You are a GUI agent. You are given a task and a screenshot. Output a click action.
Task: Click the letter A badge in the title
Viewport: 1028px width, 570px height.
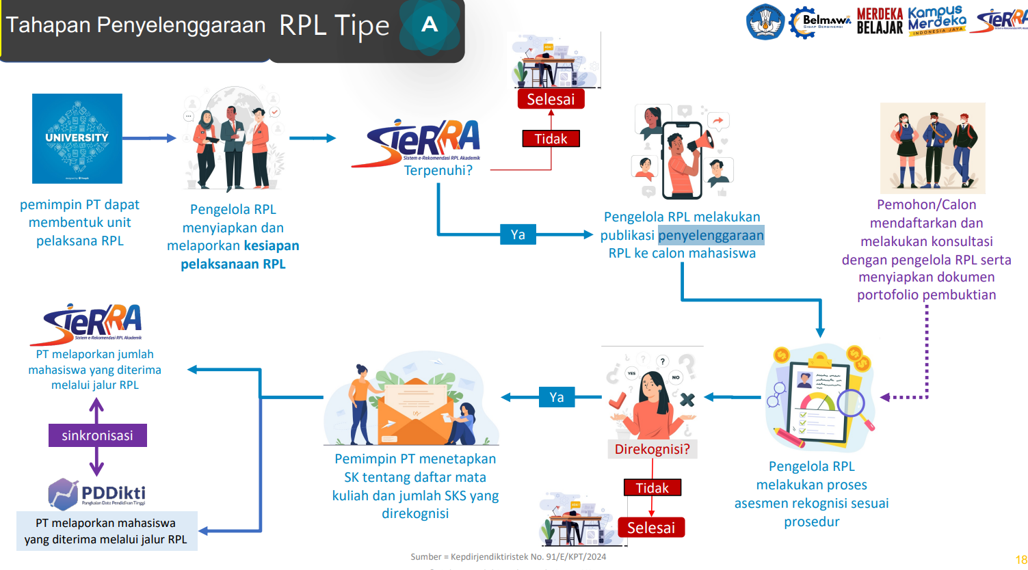tap(430, 25)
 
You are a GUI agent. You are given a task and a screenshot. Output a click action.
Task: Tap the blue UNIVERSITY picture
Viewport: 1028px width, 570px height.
tap(77, 138)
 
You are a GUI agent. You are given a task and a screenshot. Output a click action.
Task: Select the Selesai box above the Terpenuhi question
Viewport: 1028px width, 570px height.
tap(551, 99)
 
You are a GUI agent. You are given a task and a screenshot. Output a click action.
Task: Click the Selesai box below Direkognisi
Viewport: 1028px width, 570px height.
tap(650, 528)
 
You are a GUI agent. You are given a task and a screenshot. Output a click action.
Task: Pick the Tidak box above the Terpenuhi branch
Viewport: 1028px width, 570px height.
tap(551, 139)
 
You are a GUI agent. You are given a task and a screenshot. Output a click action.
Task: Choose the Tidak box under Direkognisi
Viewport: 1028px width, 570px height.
tap(652, 488)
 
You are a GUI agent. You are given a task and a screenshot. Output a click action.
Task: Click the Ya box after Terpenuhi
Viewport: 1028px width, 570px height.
tap(518, 234)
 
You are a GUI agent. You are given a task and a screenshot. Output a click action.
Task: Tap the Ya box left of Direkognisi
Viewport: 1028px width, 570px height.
tap(557, 397)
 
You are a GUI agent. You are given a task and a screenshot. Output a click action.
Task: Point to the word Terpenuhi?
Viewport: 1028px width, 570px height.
tap(438, 170)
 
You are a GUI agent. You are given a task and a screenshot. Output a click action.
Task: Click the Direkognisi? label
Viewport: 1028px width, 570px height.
tap(652, 449)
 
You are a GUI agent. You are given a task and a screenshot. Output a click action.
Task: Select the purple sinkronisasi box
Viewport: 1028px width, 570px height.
tap(97, 435)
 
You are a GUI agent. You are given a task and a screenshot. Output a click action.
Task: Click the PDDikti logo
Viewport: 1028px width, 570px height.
tap(97, 493)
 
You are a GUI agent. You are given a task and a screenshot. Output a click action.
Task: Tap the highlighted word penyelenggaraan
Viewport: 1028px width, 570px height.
tap(711, 235)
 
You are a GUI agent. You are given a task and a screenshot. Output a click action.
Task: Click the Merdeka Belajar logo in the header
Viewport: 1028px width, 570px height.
tap(880, 21)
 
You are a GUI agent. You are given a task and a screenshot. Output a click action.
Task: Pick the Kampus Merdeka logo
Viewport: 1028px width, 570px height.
tap(937, 21)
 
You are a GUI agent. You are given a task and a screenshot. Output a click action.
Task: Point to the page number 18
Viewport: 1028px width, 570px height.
tap(1020, 560)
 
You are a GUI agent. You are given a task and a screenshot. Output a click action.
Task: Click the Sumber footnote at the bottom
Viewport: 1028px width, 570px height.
tap(508, 556)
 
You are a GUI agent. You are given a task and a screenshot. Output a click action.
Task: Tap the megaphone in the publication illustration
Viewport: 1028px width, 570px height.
tap(701, 142)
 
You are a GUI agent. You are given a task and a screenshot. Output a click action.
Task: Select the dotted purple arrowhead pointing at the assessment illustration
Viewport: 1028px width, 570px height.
tap(885, 397)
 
